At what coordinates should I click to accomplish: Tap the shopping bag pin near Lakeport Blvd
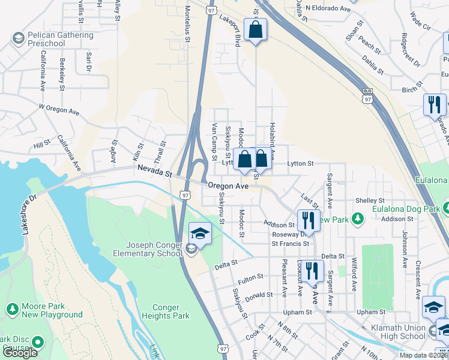point(256,30)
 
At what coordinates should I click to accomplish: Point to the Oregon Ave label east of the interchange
point(228,187)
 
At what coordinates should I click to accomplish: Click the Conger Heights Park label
point(166,311)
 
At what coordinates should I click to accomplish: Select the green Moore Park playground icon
point(11,309)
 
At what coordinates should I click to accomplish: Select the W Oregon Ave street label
point(59,109)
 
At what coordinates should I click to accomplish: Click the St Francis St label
point(290,244)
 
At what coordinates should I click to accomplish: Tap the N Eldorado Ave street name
point(328,8)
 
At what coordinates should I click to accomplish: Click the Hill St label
point(42,145)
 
